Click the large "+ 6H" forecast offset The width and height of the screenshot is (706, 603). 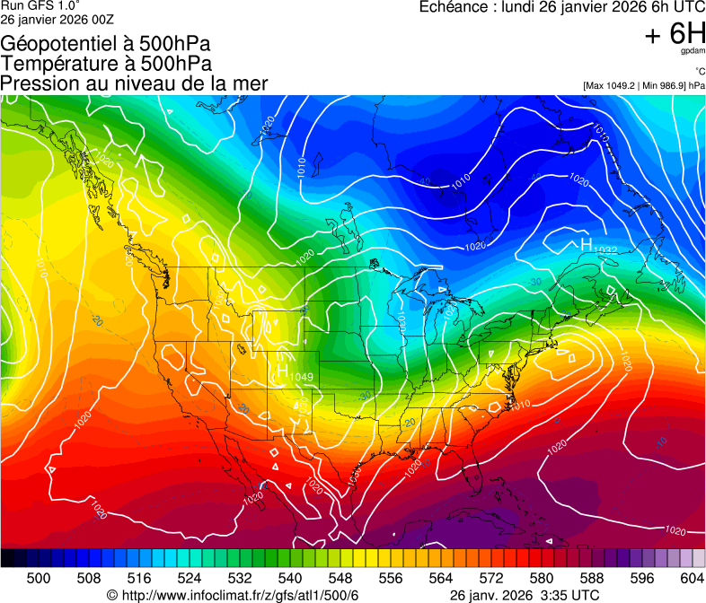tap(675, 35)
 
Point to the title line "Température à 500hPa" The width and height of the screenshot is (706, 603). tap(106, 63)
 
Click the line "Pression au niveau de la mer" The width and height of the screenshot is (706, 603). tap(134, 83)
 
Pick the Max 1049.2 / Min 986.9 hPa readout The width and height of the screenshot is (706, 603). tap(643, 85)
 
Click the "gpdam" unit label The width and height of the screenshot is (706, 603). tap(693, 52)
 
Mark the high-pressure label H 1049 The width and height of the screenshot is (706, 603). tap(293, 372)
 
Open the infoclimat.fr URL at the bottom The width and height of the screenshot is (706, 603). tap(233, 595)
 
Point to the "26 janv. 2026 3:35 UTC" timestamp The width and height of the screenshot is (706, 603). tap(524, 595)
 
